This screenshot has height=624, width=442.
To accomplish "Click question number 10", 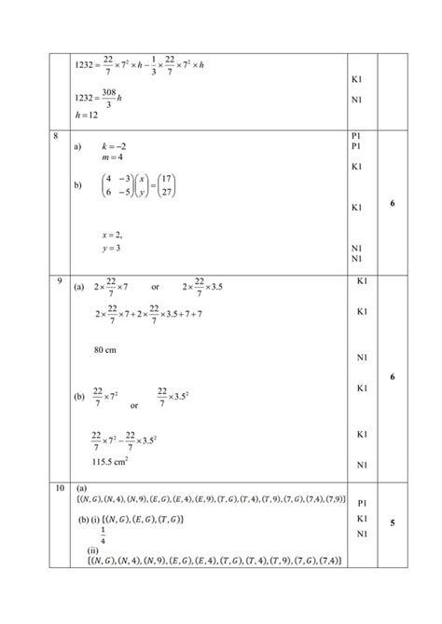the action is click(58, 488).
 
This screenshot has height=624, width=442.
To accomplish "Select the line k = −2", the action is click(114, 147).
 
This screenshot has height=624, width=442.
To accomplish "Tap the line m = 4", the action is click(112, 159).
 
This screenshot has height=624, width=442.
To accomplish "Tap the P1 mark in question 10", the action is click(362, 503).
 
